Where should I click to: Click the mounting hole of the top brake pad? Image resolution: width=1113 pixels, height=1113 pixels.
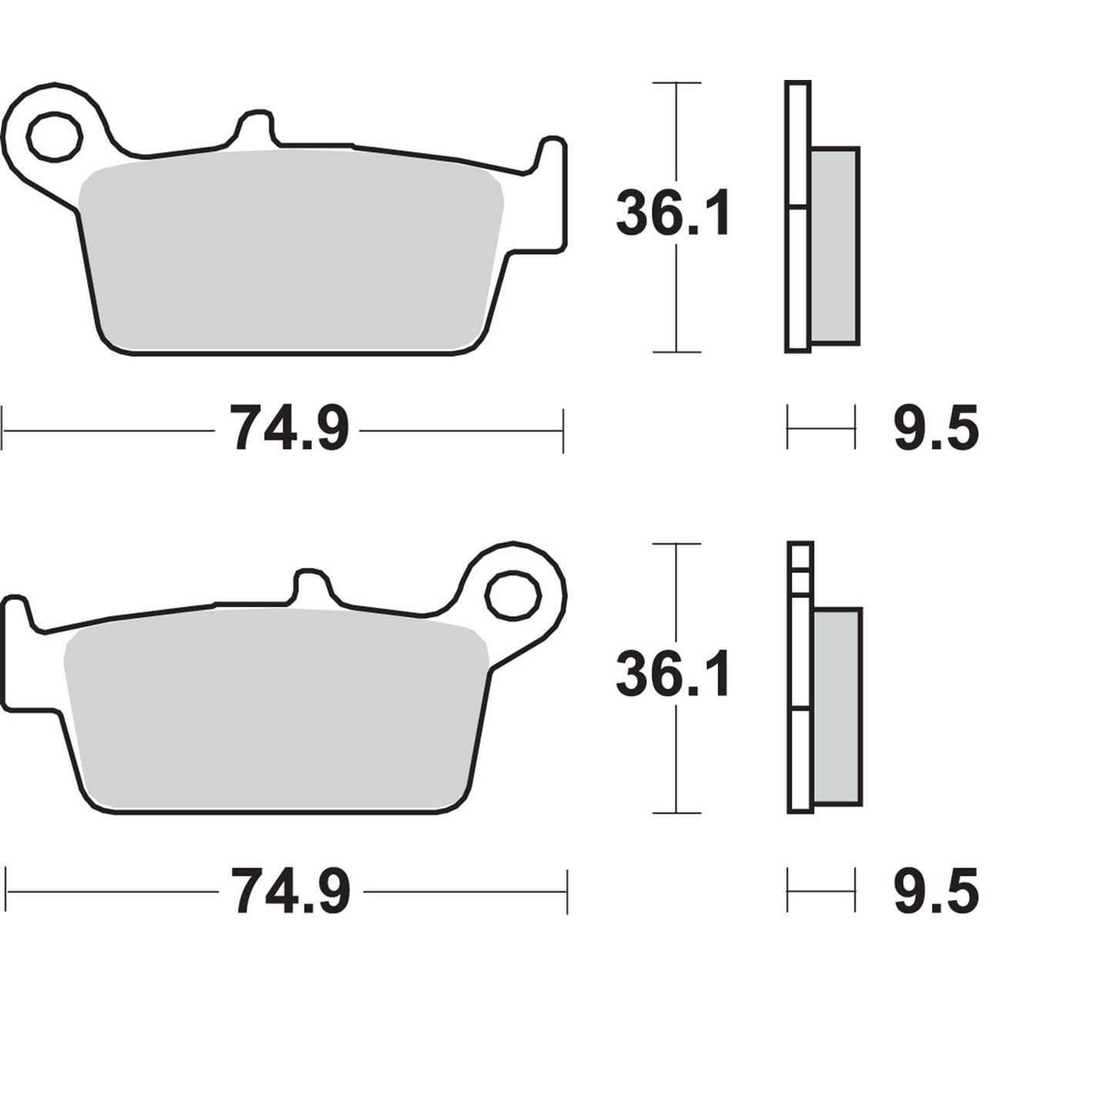pyautogui.click(x=54, y=136)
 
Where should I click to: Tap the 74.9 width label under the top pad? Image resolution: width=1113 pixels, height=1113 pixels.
pyautogui.click(x=289, y=429)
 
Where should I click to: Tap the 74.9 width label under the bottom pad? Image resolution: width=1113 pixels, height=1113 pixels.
pyautogui.click(x=291, y=891)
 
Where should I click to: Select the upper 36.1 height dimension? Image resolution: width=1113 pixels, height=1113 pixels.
pyautogui.click(x=672, y=214)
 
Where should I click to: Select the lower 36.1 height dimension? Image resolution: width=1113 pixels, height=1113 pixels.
pyautogui.click(x=672, y=676)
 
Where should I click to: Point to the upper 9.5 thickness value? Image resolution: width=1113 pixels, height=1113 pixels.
pyautogui.click(x=935, y=429)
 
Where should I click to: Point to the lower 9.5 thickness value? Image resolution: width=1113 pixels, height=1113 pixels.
pyautogui.click(x=935, y=891)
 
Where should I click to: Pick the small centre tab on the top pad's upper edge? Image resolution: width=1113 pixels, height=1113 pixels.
pyautogui.click(x=254, y=127)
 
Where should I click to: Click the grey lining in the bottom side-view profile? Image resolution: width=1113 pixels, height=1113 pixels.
pyautogui.click(x=836, y=705)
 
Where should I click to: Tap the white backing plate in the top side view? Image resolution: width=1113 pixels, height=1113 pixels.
pyautogui.click(x=798, y=277)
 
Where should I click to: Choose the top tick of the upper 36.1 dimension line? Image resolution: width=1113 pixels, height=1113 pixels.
pyautogui.click(x=676, y=82)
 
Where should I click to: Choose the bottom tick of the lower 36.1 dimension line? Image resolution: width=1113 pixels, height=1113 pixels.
pyautogui.click(x=676, y=813)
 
